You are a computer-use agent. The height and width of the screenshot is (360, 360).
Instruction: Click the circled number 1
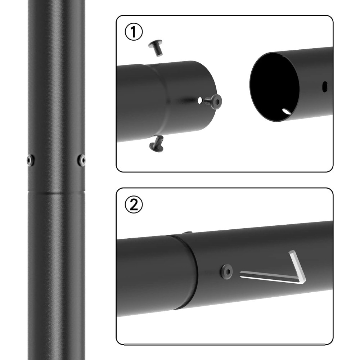point(134,32)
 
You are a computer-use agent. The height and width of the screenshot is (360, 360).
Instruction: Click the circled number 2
point(134,204)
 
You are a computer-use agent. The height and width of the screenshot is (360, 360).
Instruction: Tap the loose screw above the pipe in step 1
point(156,48)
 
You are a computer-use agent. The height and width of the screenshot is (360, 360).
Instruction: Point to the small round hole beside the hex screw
point(200,100)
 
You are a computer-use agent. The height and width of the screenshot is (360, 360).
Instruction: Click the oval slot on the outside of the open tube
point(325,87)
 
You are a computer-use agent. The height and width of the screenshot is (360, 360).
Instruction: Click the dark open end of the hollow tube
point(274,86)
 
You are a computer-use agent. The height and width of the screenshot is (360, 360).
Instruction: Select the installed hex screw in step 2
point(226,271)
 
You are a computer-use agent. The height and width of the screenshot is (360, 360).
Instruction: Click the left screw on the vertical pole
point(31,160)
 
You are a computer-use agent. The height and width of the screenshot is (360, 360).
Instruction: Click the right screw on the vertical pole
point(82,160)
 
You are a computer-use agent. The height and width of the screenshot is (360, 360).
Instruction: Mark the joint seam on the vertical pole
point(56,192)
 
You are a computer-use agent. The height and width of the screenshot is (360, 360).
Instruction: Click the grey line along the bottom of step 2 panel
point(225,344)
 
